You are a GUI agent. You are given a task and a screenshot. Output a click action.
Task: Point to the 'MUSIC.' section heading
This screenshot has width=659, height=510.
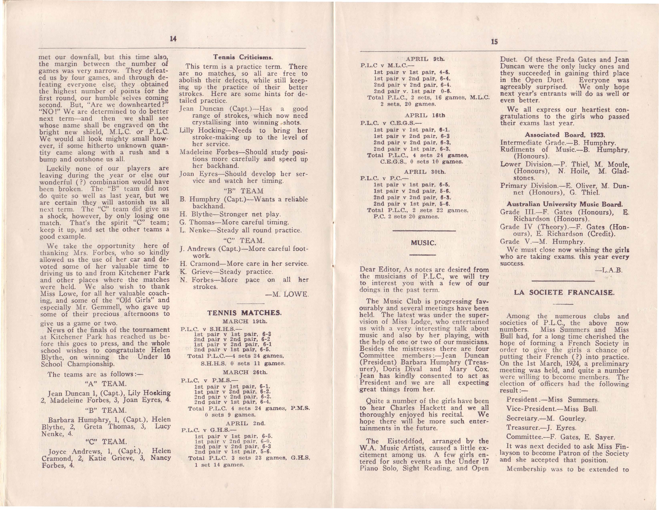pyautogui.click(x=423, y=243)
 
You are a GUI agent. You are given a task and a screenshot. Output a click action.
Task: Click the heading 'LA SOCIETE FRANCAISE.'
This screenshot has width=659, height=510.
pyautogui.click(x=564, y=292)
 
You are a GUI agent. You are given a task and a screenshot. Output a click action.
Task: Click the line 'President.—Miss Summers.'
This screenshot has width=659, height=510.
pyautogui.click(x=553, y=400)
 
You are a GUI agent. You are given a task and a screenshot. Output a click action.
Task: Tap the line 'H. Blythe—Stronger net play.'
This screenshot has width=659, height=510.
pyautogui.click(x=230, y=214)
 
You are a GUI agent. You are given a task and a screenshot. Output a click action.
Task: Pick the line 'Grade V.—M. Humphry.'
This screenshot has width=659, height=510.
pyautogui.click(x=538, y=241)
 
